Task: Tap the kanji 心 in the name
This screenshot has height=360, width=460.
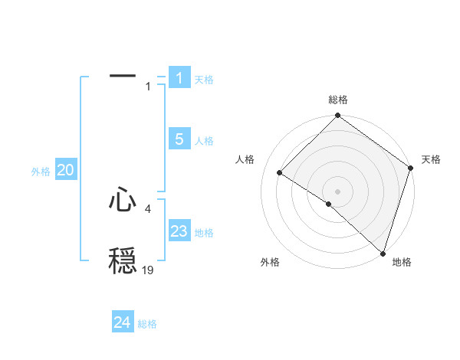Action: click(123, 200)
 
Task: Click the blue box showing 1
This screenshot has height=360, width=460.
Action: click(179, 77)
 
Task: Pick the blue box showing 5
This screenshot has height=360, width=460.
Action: click(179, 139)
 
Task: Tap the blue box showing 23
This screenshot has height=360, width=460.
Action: click(179, 231)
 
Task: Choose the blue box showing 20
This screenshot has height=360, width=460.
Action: click(66, 170)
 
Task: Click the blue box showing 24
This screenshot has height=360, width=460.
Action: click(123, 322)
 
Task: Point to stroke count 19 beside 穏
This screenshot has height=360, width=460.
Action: click(148, 270)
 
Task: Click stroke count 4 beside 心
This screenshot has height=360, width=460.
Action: click(148, 208)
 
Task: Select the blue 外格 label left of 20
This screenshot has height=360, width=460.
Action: click(41, 172)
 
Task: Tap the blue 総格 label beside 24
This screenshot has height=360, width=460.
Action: click(147, 324)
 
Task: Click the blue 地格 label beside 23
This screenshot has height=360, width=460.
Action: click(204, 233)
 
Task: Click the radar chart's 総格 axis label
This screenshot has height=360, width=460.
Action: click(338, 100)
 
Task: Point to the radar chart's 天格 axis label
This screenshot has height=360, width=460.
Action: click(431, 160)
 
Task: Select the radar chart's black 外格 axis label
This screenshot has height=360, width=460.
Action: click(270, 262)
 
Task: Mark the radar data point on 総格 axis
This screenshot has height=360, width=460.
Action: click(338, 116)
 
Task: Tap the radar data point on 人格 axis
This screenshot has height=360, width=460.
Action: click(280, 173)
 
